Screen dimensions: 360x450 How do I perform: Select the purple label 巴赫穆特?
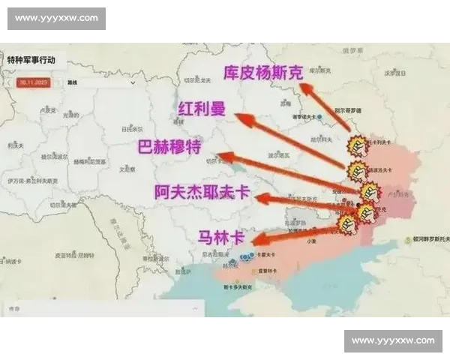click(x=169, y=146)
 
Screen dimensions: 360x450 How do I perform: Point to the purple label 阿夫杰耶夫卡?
click(x=201, y=191)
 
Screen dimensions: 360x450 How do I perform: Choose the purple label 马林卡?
click(x=220, y=238)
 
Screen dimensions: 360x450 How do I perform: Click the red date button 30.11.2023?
click(x=34, y=82)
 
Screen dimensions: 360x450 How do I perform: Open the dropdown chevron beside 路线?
click(x=120, y=82)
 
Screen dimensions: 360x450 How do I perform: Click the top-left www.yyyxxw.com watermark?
click(x=56, y=17)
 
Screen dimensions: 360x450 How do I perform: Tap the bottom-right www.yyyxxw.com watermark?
click(x=393, y=340)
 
